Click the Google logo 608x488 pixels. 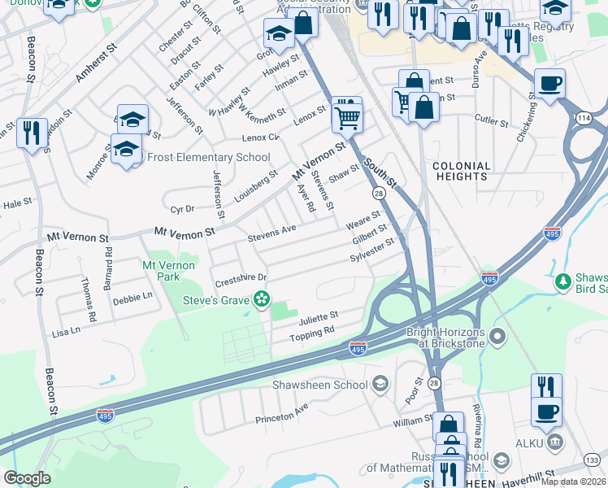point(27,478)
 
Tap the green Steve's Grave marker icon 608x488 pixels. point(261,299)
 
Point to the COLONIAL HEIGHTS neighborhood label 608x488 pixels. point(462,172)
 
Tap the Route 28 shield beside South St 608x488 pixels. point(379,193)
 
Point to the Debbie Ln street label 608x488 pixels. point(133,298)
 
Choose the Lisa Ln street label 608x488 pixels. point(66,331)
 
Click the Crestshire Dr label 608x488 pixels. point(241,280)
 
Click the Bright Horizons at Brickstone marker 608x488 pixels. point(498,335)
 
